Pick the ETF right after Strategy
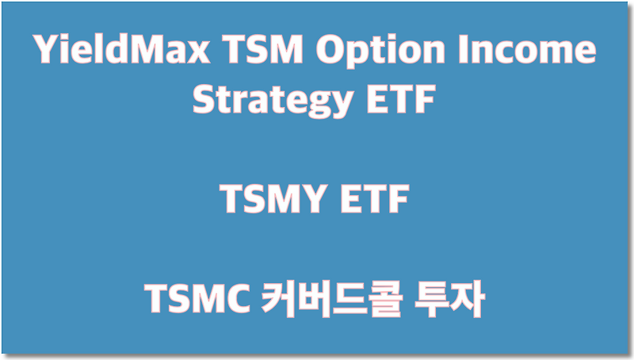pos(400,101)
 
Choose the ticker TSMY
pos(271,201)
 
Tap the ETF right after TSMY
pos(373,201)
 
